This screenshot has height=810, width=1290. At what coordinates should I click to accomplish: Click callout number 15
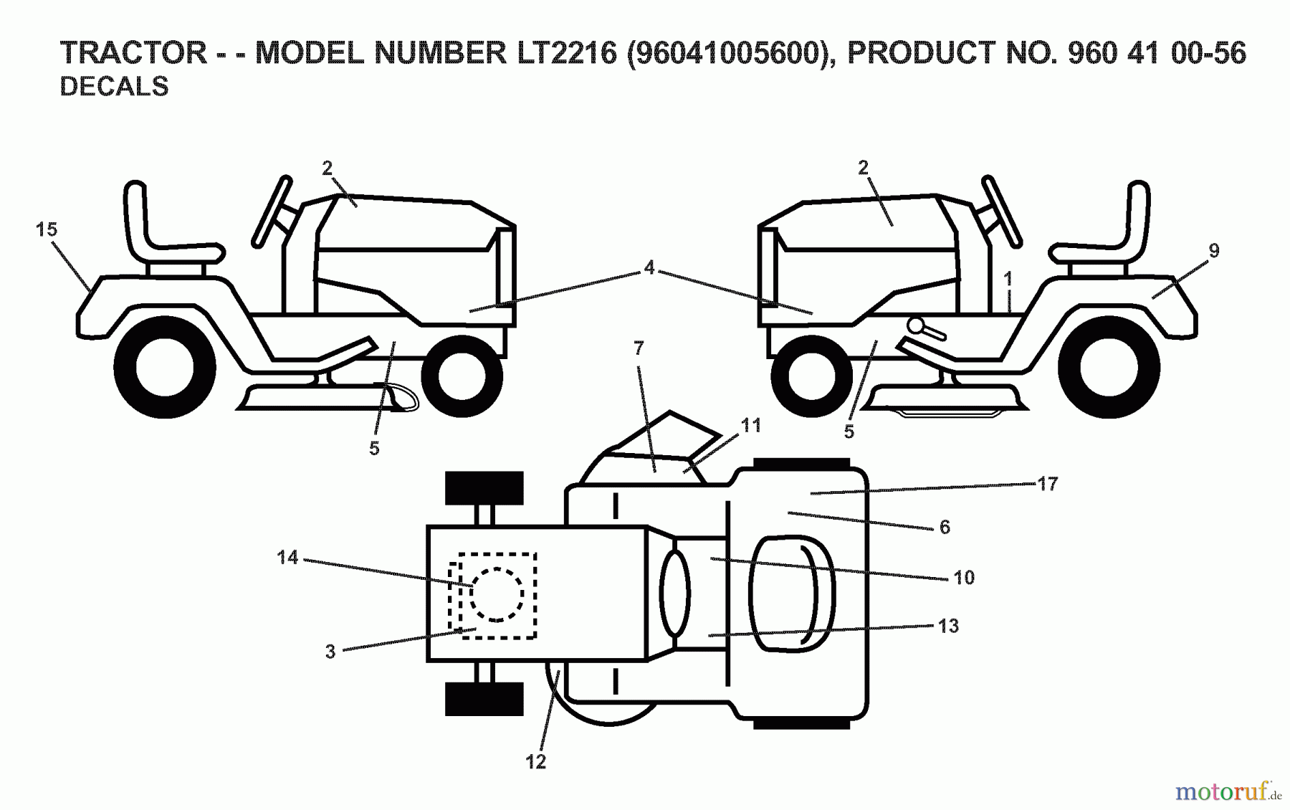coord(47,229)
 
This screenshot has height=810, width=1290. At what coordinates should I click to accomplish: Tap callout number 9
coord(1213,251)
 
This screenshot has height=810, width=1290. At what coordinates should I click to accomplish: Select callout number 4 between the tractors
coord(649,268)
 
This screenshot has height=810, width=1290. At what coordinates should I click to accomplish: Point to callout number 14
coord(287,557)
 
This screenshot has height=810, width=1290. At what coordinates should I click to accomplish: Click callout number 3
coord(330,652)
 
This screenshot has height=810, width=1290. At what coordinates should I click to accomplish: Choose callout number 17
coord(1047,485)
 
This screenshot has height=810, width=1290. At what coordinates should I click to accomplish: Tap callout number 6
coord(944,528)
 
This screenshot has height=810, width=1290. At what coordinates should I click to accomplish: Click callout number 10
coord(963,578)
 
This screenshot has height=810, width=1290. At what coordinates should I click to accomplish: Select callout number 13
coord(947,626)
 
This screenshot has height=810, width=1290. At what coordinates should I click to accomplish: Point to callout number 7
coord(639,349)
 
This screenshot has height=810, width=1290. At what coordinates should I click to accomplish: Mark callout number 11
coord(750,426)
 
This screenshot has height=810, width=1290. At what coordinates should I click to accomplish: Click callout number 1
coord(1008,278)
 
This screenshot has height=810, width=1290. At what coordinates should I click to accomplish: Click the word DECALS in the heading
coord(114,86)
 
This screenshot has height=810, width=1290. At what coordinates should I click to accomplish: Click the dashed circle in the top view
coord(495,594)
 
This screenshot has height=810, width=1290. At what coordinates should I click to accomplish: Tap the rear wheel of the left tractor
coord(165,371)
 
